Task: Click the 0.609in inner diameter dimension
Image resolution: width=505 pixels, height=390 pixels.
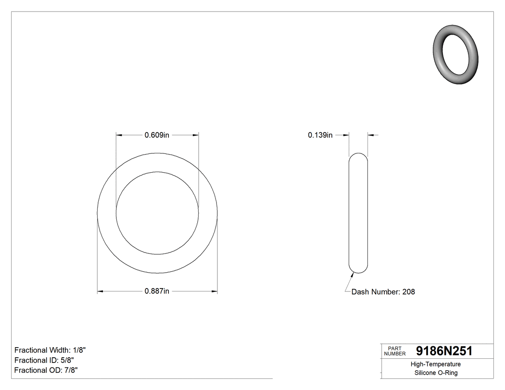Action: [157, 135]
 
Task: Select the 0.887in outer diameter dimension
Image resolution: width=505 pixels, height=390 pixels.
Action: [157, 291]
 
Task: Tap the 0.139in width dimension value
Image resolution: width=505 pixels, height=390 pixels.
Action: [320, 135]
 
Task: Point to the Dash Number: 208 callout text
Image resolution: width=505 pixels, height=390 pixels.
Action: [383, 291]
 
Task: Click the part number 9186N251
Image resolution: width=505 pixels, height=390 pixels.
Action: [444, 351]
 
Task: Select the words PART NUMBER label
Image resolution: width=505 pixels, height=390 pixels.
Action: [395, 351]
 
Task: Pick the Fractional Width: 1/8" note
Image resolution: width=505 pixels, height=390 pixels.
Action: [50, 350]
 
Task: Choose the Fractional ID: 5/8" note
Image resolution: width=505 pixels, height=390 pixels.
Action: [44, 360]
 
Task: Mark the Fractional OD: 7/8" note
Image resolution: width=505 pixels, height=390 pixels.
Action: [46, 370]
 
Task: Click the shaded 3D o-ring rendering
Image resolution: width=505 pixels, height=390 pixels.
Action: [455, 53]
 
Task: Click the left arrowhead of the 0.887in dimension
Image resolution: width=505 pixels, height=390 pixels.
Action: [101, 291]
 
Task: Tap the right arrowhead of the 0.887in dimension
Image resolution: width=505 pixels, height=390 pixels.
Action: [215, 291]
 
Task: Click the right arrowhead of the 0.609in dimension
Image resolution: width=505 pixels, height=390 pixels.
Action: [196, 135]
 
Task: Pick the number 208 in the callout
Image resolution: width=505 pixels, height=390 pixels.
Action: [408, 291]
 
